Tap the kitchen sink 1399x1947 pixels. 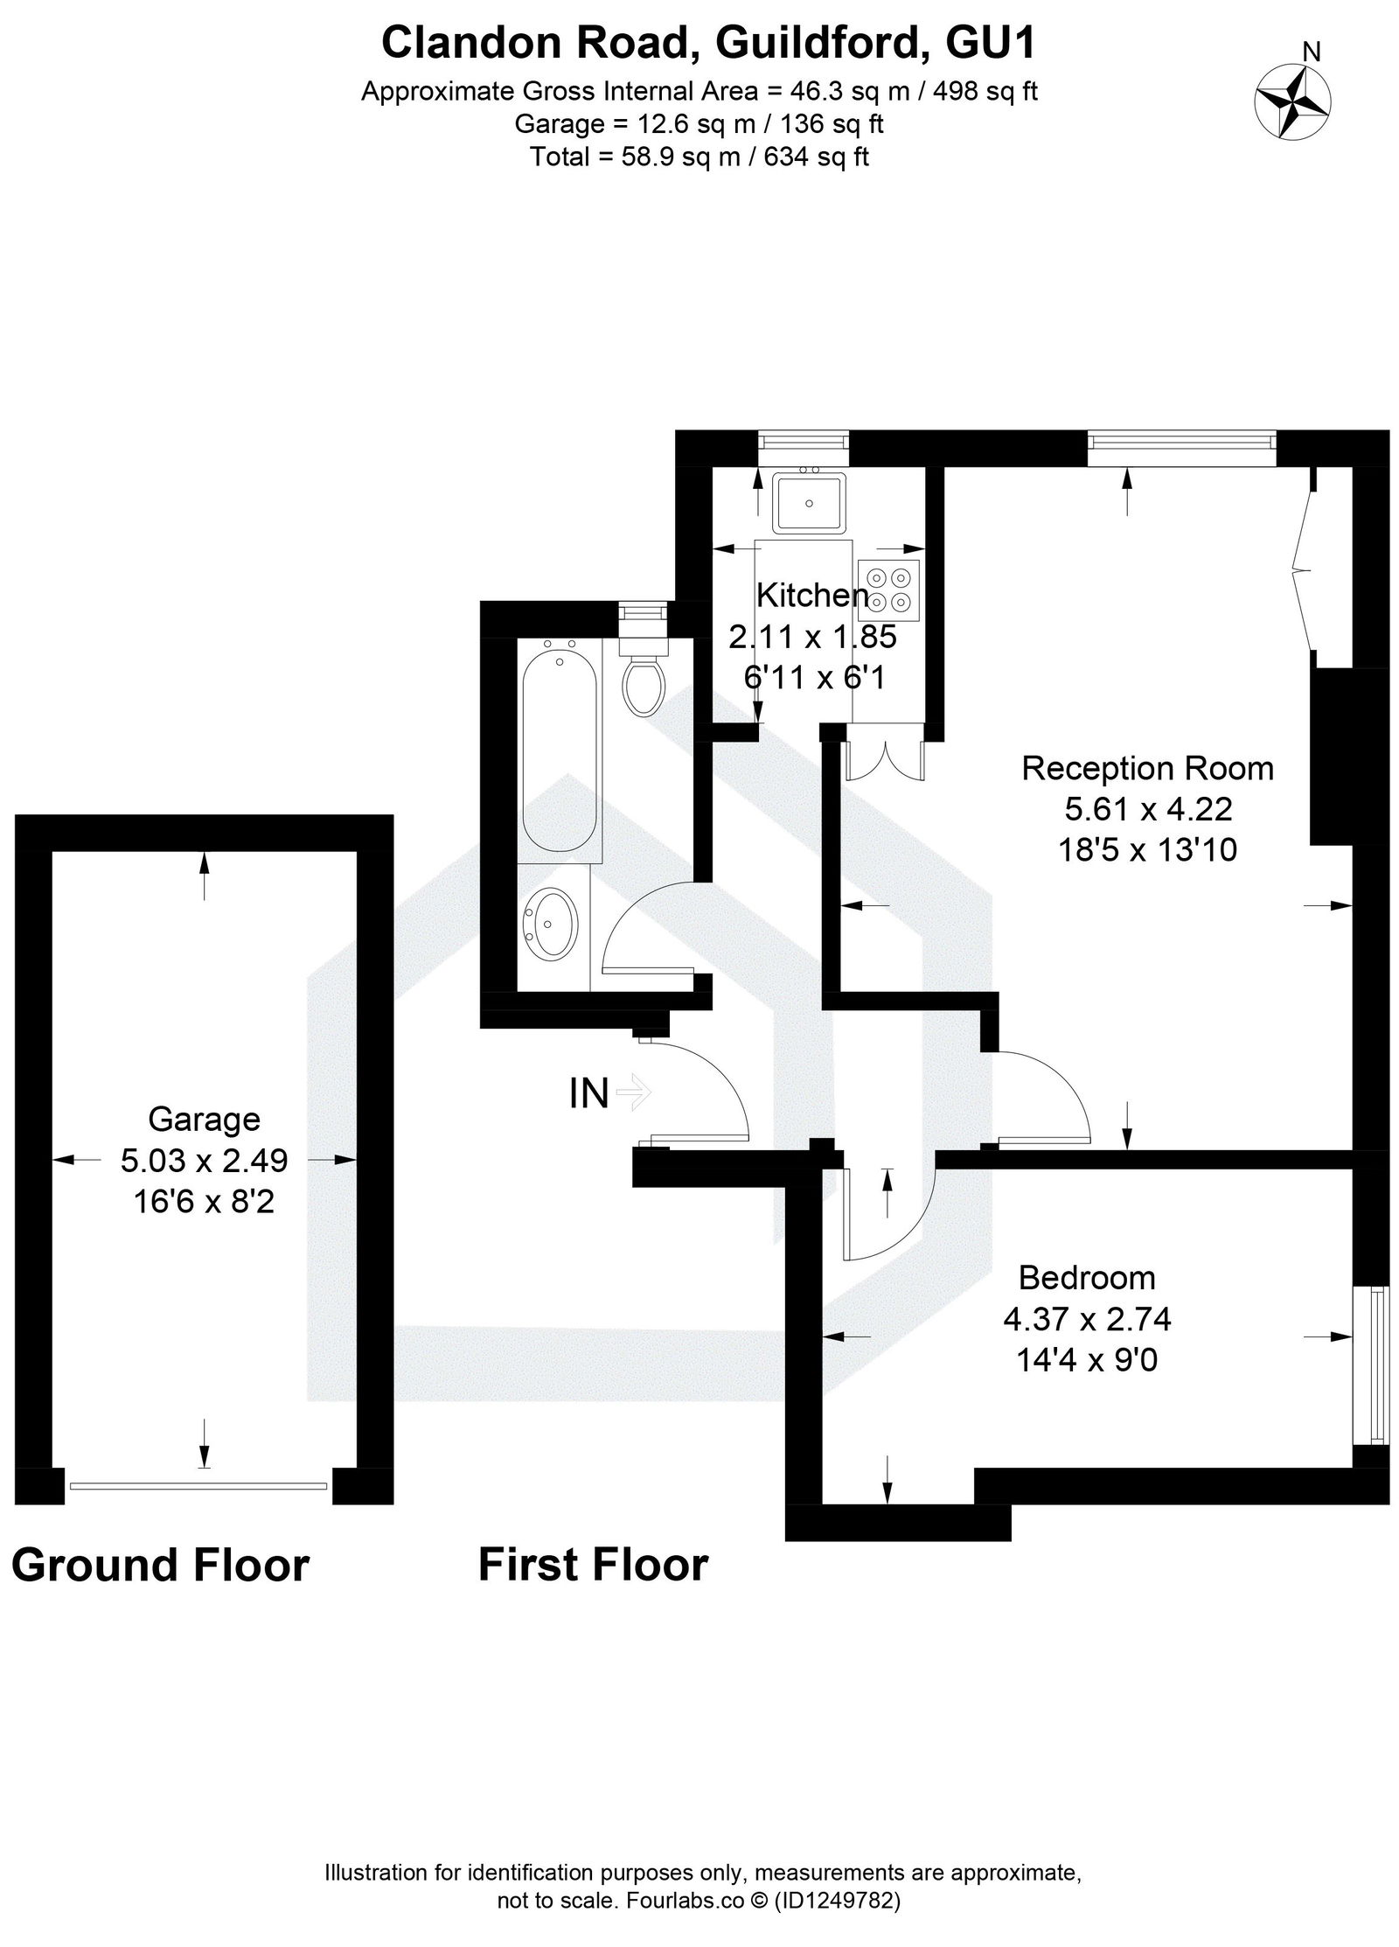click(x=809, y=503)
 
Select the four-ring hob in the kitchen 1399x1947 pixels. click(x=889, y=590)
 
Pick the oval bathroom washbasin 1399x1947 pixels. click(x=551, y=923)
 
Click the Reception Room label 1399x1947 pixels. click(x=1147, y=769)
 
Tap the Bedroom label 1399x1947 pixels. click(x=1087, y=1278)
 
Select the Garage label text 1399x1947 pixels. click(x=204, y=1120)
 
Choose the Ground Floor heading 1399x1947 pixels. click(x=160, y=1565)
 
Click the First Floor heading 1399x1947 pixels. click(x=593, y=1565)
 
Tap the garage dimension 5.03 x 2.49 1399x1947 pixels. click(x=204, y=1161)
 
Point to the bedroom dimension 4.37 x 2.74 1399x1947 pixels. click(x=1087, y=1318)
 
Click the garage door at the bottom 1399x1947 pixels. click(x=198, y=1485)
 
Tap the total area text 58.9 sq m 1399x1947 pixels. click(x=699, y=157)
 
